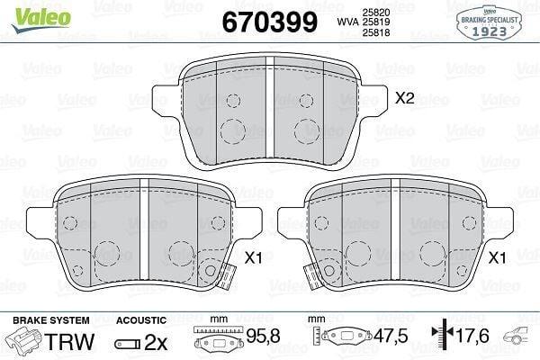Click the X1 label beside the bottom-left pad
pyautogui.click(x=253, y=257)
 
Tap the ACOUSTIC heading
pyautogui.click(x=140, y=320)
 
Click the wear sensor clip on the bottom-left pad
pyautogui.click(x=211, y=270)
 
